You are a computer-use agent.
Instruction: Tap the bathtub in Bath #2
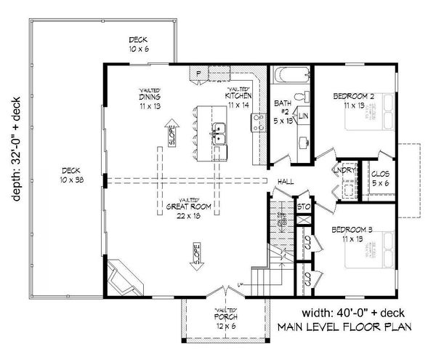coord(291,76)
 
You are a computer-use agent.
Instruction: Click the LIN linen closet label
coord(304,116)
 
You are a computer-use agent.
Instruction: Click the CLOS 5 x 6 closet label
coord(380,178)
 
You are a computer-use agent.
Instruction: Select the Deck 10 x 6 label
coord(139,44)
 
